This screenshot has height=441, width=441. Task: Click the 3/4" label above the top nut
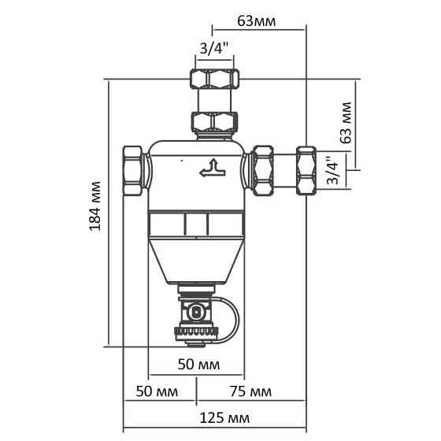point(214,49)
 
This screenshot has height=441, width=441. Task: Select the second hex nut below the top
point(214,122)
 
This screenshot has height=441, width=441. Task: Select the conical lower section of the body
point(195,261)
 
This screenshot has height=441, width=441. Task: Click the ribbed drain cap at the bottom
point(194,337)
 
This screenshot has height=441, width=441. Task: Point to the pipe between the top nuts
point(214,102)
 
